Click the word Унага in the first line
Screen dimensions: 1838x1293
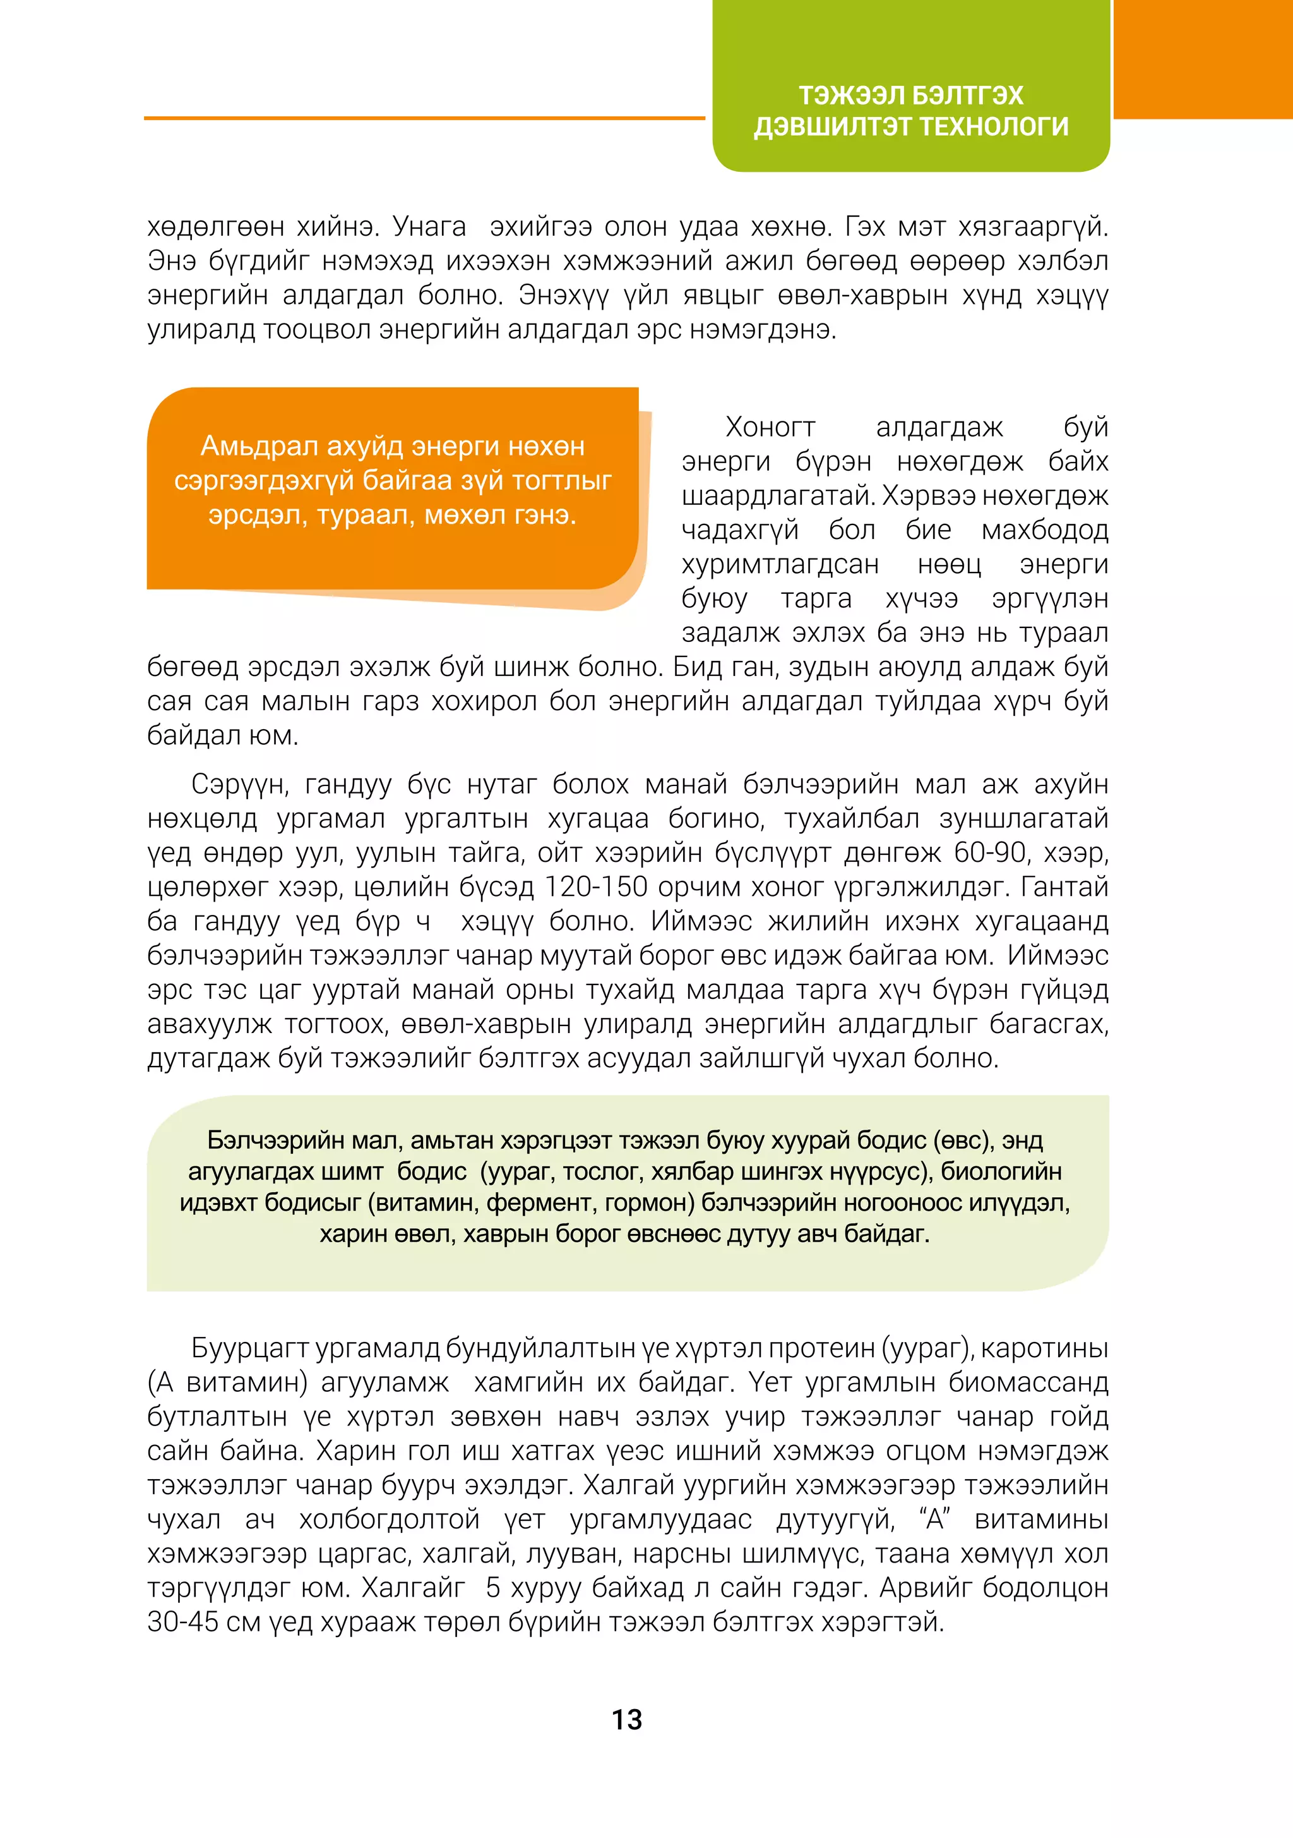(430, 227)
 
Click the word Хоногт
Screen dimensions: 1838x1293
(770, 428)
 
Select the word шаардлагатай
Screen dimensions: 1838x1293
(778, 497)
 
